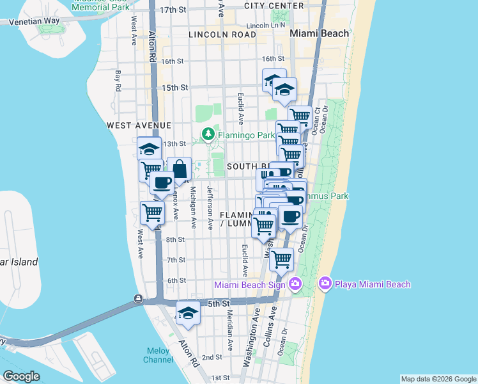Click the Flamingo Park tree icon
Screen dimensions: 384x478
point(208,134)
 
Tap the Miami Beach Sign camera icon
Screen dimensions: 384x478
point(295,284)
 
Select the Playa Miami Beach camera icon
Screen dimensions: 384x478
point(325,283)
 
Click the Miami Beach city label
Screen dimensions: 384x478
point(320,33)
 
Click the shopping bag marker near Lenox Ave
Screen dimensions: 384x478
point(180,170)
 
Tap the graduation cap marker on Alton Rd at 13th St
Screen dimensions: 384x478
point(150,149)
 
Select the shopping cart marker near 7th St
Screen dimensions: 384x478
point(281,260)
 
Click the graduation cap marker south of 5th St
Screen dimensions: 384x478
point(188,313)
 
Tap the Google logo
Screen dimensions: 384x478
point(21,376)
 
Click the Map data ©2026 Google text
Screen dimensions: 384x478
point(438,379)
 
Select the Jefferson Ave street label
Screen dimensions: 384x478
point(210,207)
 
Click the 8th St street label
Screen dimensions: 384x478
point(175,239)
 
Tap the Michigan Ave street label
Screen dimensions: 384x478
point(193,207)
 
